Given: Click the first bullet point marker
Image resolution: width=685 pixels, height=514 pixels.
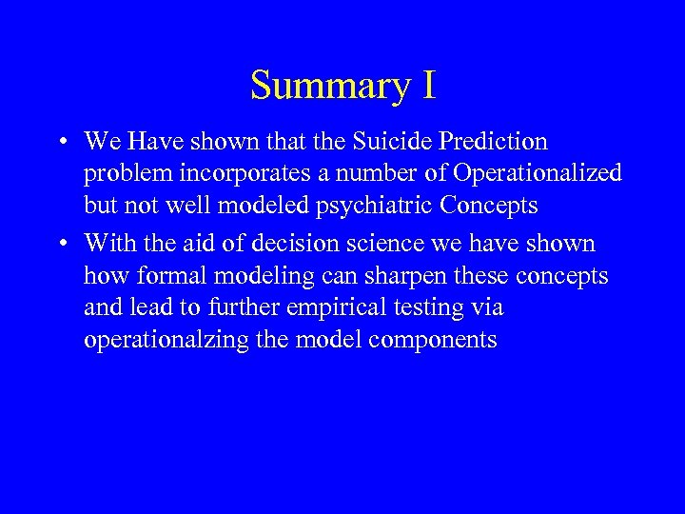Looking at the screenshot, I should pos(61,143).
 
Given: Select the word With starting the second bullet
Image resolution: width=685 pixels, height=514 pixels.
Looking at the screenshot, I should pos(109,244).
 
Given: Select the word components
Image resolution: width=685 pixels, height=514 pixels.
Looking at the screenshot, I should pos(440,341).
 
